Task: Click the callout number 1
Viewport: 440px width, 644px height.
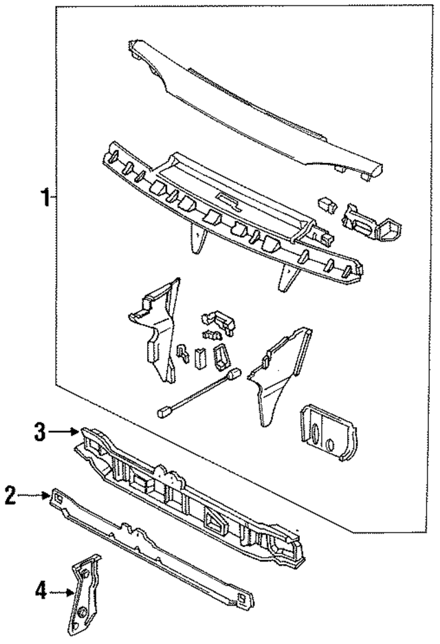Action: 45,199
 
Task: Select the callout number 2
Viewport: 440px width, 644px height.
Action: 10,496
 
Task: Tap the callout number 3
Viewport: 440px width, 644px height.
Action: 40,432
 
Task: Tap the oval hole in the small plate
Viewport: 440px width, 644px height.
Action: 315,438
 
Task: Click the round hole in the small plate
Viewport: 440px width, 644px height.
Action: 331,444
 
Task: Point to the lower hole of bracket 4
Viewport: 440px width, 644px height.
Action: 80,612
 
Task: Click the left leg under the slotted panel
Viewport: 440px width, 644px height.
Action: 198,240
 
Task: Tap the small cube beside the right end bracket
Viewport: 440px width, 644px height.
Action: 326,204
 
